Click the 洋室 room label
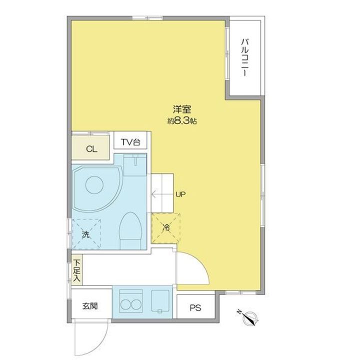[182, 109]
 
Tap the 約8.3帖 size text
[182, 121]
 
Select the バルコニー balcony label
[244, 57]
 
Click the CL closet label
[91, 149]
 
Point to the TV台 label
[130, 142]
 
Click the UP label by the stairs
[180, 194]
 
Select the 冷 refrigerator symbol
[166, 228]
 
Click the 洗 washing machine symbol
[86, 234]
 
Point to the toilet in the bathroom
[130, 230]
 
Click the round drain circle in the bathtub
[94, 185]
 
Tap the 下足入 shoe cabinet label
[77, 270]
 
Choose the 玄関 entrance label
[90, 306]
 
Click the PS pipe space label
[195, 307]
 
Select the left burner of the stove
[125, 304]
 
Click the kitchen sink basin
[160, 301]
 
